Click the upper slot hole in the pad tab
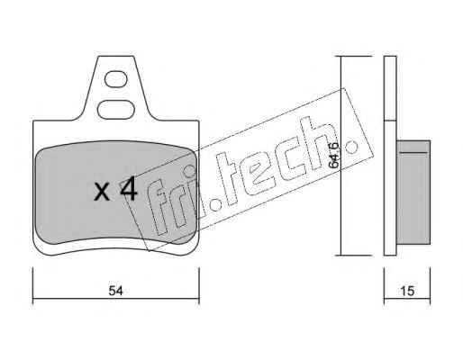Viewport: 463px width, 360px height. click(116, 79)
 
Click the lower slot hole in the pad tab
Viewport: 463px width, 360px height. click(116, 110)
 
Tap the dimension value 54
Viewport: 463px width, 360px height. click(115, 291)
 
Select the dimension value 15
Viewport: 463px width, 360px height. click(407, 291)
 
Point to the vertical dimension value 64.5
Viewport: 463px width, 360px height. click(334, 155)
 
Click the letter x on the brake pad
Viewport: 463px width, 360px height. click(102, 193)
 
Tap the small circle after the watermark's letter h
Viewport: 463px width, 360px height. click(351, 147)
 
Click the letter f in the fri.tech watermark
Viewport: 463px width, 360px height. click(159, 207)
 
